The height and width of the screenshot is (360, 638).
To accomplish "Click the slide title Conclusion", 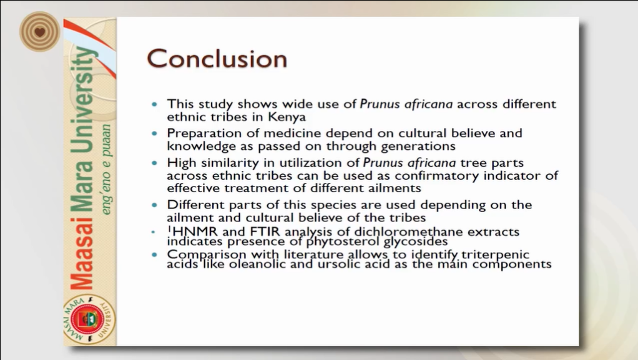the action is click(217, 59).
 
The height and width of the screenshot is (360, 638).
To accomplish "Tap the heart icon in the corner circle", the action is click(39, 32).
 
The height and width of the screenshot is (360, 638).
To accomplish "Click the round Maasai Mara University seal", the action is click(89, 319).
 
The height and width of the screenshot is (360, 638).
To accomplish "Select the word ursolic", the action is click(336, 265).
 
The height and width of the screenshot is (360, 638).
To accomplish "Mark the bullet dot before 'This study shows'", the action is click(154, 105).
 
